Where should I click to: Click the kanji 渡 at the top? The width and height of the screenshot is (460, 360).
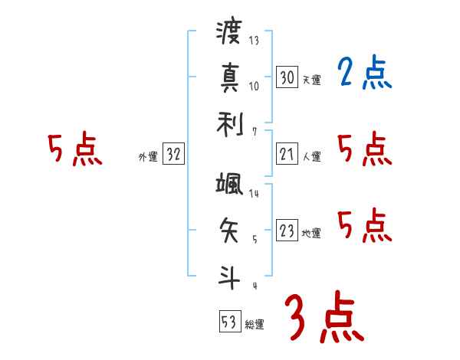[x=229, y=34]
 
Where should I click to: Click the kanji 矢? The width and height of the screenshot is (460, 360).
[x=229, y=227]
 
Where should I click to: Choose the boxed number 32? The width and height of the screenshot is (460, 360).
[x=173, y=155]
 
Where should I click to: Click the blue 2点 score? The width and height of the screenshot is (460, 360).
[x=364, y=74]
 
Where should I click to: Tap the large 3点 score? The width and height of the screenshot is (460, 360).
[x=323, y=316]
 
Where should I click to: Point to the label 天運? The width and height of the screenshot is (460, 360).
[x=312, y=80]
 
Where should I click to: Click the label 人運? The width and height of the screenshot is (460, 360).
[x=312, y=157]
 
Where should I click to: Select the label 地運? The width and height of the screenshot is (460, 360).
[x=312, y=234]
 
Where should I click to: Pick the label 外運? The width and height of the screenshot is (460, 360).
[x=148, y=157]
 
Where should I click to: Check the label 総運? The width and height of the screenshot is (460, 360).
[x=255, y=324]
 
